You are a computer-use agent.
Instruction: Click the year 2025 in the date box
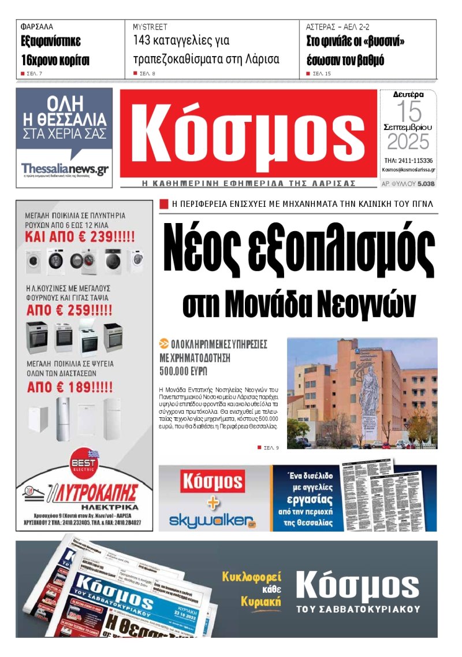[408, 142]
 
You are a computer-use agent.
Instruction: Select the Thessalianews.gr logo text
[65, 169]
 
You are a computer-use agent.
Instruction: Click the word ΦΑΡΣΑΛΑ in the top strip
[36, 27]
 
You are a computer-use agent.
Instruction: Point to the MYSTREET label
[150, 27]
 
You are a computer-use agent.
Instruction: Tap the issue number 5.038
[426, 184]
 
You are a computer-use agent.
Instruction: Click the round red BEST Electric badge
[84, 464]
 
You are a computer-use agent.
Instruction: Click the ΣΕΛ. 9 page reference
[268, 448]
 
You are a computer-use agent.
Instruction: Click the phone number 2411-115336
[408, 160]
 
